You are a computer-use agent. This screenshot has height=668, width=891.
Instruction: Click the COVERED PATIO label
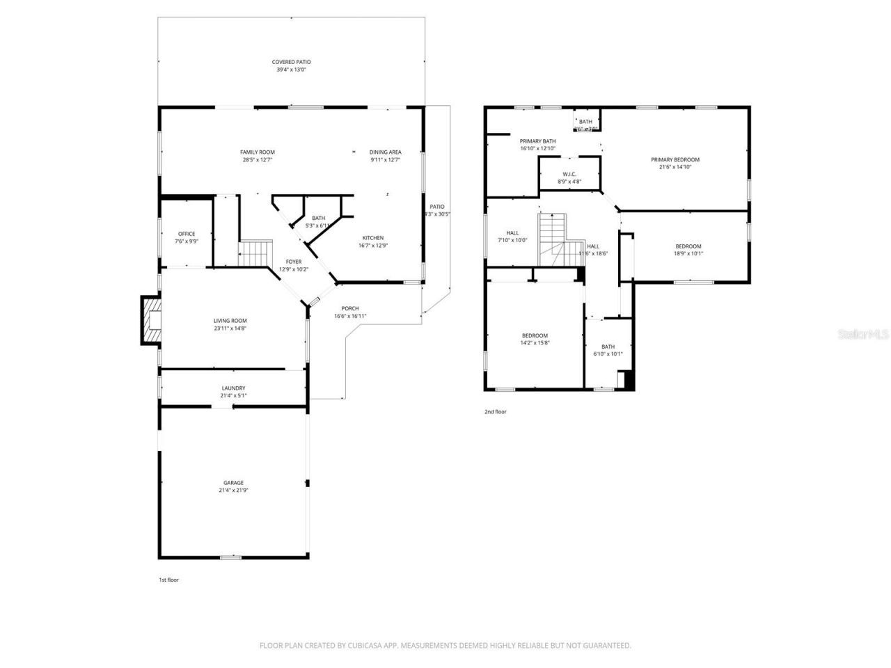(x=291, y=62)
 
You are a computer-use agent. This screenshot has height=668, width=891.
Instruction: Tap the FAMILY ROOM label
(x=257, y=152)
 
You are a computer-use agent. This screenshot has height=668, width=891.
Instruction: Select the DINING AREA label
(x=385, y=152)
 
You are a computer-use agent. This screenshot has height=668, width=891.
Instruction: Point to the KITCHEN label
(x=372, y=238)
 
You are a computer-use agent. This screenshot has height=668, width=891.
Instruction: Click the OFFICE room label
(x=186, y=234)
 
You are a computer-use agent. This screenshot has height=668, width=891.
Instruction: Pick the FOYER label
(x=293, y=262)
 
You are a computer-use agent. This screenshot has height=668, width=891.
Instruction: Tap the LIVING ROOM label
(x=230, y=321)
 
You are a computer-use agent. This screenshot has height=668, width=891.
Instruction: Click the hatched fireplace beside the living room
(x=151, y=320)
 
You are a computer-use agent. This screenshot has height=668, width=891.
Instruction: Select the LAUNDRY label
(x=233, y=388)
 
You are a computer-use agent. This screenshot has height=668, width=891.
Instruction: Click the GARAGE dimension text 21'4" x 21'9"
(x=233, y=491)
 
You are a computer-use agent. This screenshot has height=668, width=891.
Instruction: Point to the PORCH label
(x=350, y=308)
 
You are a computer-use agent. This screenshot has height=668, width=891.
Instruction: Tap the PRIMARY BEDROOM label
(x=675, y=159)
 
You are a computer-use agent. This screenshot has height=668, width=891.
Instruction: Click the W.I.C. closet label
(x=569, y=174)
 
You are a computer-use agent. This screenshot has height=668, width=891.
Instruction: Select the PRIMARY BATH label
(x=537, y=141)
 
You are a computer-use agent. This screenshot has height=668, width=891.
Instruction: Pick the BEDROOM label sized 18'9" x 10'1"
(x=688, y=246)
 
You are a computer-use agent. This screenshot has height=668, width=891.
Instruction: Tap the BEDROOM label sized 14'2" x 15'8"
(x=535, y=335)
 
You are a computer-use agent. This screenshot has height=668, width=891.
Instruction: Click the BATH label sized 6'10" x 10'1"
(x=608, y=347)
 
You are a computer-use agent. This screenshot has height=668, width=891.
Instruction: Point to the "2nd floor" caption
(x=496, y=412)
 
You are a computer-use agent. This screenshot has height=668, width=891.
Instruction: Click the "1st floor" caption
(x=169, y=580)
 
